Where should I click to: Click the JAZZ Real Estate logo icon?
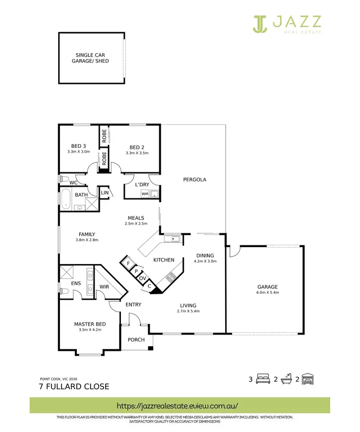click(x=260, y=24)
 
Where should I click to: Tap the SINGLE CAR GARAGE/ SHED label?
click(x=90, y=58)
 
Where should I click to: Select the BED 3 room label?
click(x=79, y=147)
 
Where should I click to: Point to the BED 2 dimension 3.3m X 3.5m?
click(x=137, y=153)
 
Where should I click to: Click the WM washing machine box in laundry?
click(x=144, y=194)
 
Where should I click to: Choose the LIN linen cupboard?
click(x=104, y=193)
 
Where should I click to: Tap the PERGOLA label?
click(x=194, y=180)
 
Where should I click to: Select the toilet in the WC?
click(x=63, y=179)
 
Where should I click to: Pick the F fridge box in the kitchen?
click(x=128, y=264)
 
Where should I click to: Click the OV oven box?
click(x=143, y=278)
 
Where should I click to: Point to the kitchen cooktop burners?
click(x=170, y=276)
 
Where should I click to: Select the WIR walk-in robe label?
click(x=104, y=287)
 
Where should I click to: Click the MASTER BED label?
click(x=90, y=324)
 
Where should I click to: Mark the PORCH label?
click(x=136, y=340)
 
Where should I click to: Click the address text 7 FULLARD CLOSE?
click(x=74, y=386)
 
